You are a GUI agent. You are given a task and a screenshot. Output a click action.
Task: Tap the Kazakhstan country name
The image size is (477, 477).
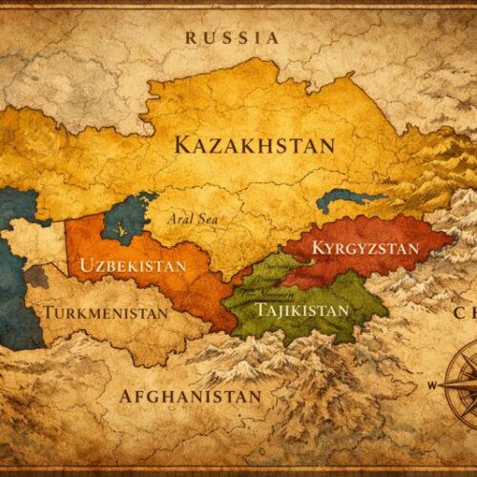pyautogui.click(x=255, y=145)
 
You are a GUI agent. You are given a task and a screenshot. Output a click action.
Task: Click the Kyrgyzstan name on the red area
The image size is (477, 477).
pyautogui.click(x=364, y=248)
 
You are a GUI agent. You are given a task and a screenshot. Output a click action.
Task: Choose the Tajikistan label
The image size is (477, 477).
pyautogui.click(x=301, y=309)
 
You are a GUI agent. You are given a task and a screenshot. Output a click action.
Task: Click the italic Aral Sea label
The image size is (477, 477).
pyautogui.click(x=194, y=218)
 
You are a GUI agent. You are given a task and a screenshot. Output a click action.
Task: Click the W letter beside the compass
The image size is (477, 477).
pyautogui.click(x=432, y=386)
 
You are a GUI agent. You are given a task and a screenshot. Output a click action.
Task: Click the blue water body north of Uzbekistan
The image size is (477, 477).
pyautogui.click(x=126, y=219)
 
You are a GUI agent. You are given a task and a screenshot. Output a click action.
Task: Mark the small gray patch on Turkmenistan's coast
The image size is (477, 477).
pyautogui.click(x=36, y=277)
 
